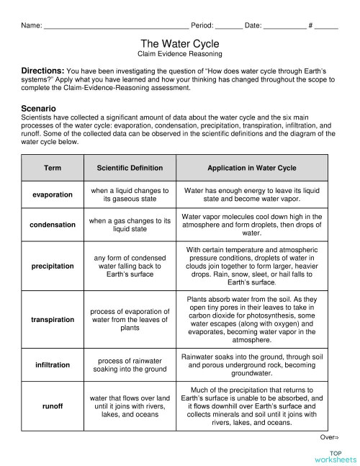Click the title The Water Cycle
(179, 44)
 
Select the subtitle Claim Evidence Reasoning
(179, 54)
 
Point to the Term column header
(53, 168)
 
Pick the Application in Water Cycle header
(251, 168)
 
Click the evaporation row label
(53, 195)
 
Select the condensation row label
(53, 225)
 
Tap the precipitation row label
(53, 266)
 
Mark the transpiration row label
(53, 319)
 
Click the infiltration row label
(53, 365)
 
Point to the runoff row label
(53, 406)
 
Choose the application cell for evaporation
(251, 195)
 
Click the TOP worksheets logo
(335, 456)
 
